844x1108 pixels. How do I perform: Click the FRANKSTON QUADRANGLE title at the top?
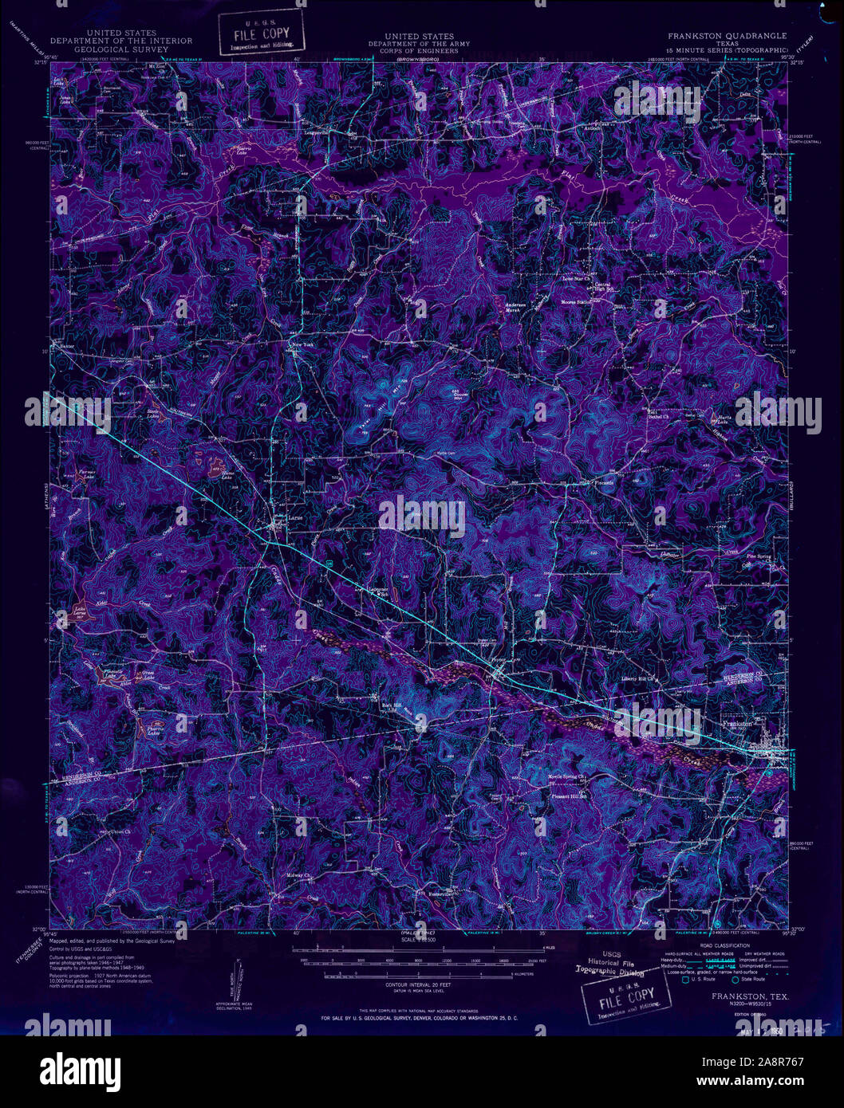pos(727,36)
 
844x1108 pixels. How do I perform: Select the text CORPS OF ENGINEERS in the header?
pos(418,50)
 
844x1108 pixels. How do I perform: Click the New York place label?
pos(302,344)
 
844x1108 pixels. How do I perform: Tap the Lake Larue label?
pos(80,612)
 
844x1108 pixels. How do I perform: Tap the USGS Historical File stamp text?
pos(610,967)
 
